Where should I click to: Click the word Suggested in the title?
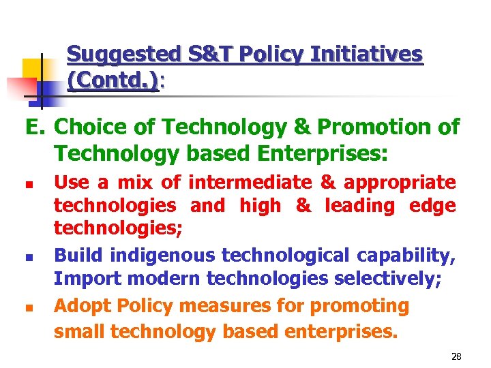(x=113, y=54)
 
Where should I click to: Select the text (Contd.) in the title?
(x=113, y=82)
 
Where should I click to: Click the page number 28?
(x=457, y=356)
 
